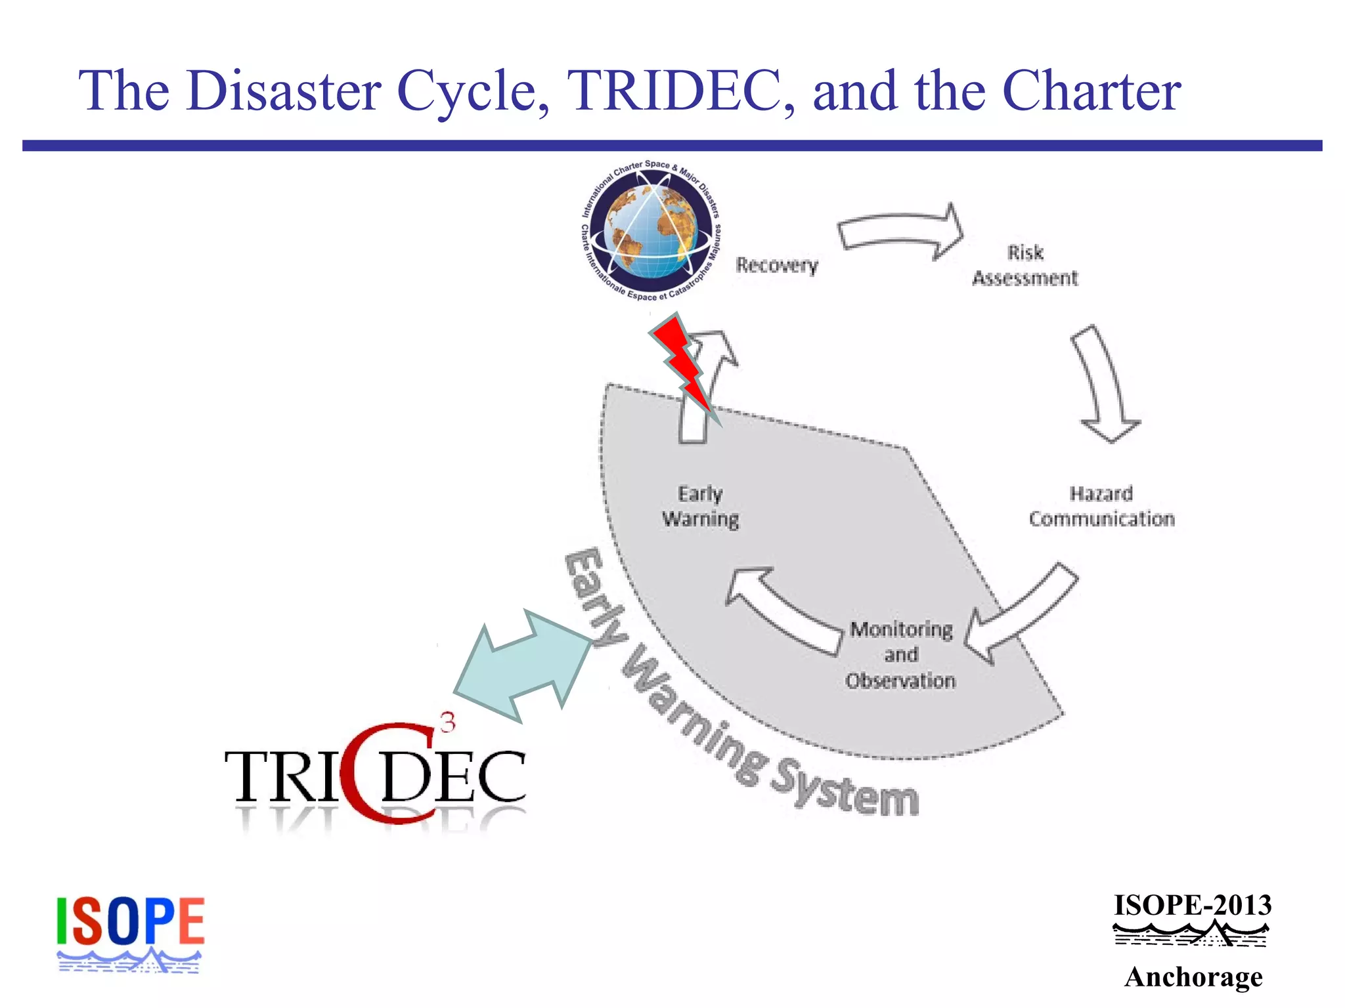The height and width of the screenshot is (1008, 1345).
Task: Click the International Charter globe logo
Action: click(x=651, y=231)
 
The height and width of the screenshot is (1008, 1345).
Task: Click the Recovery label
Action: click(x=777, y=265)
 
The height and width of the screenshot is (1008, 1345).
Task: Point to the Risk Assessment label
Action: click(x=1025, y=265)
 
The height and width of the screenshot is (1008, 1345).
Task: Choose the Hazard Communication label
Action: click(x=1101, y=506)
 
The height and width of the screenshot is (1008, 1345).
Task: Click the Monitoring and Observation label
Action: click(x=900, y=655)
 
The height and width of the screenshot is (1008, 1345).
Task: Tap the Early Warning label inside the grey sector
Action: click(x=700, y=506)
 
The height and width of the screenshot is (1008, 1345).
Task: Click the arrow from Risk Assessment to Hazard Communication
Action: click(x=1103, y=384)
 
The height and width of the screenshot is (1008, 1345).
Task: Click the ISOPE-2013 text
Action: click(x=1193, y=906)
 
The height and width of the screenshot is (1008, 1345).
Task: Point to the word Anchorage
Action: click(x=1193, y=977)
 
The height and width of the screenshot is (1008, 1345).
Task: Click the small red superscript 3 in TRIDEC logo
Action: click(x=447, y=723)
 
